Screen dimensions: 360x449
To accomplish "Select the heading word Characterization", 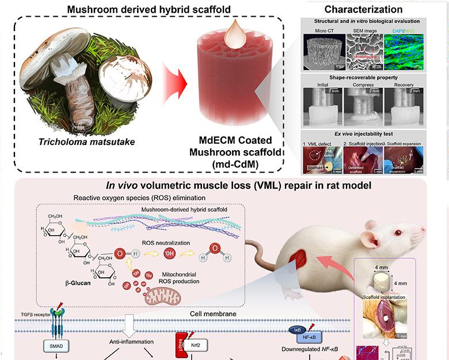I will (371, 9).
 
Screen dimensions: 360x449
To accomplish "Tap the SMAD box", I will (56, 347).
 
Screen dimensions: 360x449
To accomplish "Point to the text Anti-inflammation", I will (132, 342).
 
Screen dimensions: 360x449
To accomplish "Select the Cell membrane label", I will (212, 314).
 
